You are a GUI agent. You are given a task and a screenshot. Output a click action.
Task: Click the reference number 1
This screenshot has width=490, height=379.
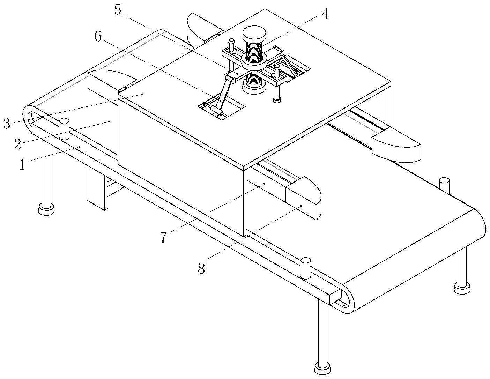tap(22, 164)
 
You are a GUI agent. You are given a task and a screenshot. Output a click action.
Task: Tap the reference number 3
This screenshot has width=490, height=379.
tap(7, 123)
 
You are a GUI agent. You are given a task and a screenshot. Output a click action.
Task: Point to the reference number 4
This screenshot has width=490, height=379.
tap(325, 15)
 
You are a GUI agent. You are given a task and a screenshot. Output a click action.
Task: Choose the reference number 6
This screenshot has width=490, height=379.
tap(98, 36)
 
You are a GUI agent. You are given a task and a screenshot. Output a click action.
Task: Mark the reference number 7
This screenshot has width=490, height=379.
tap(164, 237)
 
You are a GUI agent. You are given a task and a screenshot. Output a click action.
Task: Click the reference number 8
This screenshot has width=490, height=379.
tap(201, 268)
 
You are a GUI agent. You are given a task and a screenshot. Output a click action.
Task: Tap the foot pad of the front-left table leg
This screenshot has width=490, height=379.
tap(46, 209)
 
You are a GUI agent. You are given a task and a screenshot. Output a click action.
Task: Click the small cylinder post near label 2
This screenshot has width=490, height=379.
tap(64, 129)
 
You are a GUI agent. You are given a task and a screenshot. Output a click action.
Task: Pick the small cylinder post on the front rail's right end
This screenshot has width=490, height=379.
tap(306, 268)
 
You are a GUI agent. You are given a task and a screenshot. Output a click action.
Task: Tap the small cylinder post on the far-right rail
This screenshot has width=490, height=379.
tap(444, 185)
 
